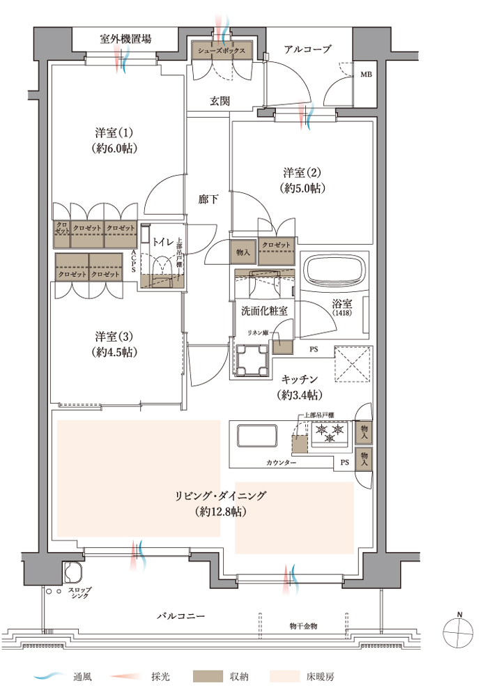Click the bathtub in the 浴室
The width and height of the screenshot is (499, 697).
[335, 273]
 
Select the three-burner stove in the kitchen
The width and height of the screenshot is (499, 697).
[330, 433]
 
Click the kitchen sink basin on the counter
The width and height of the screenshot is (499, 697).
[257, 436]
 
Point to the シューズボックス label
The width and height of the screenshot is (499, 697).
[222, 51]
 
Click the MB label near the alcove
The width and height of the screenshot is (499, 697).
[366, 75]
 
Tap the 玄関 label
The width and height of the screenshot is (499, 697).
[220, 101]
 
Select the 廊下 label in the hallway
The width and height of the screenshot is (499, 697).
[208, 199]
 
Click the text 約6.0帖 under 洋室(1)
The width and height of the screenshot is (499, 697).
[114, 148]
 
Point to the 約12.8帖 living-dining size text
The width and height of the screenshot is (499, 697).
[221, 512]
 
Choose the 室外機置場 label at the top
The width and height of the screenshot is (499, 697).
[125, 38]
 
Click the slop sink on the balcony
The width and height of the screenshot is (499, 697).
[74, 572]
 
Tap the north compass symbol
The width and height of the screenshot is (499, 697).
[458, 631]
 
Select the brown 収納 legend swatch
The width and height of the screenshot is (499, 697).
[208, 677]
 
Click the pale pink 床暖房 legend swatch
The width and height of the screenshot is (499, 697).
[284, 677]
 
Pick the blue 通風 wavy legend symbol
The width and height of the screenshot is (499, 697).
[49, 677]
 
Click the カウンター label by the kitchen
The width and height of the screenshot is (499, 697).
[282, 463]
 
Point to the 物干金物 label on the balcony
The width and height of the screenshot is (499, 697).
[303, 626]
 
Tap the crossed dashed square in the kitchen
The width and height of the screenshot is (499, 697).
[353, 364]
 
